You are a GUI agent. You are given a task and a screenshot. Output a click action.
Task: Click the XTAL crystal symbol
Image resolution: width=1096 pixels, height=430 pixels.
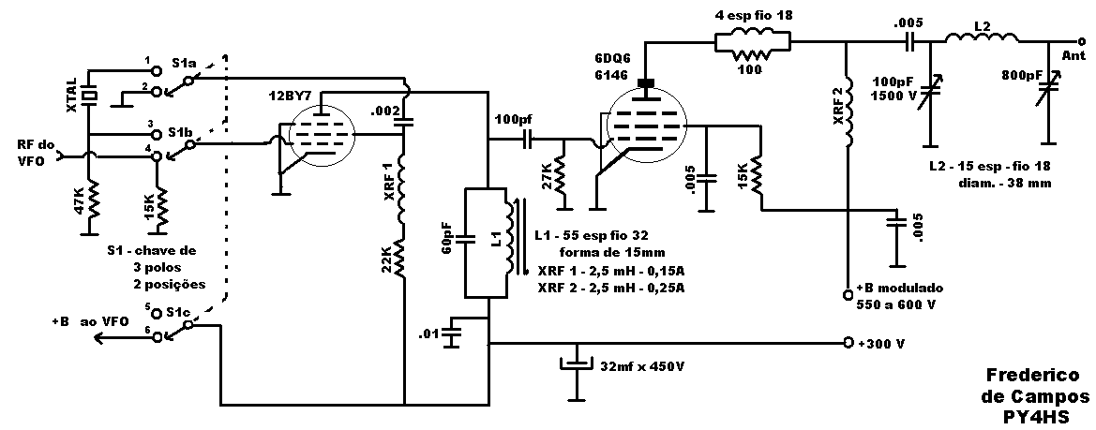point(89,95)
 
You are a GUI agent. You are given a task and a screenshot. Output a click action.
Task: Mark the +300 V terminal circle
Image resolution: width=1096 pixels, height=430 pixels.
point(848,343)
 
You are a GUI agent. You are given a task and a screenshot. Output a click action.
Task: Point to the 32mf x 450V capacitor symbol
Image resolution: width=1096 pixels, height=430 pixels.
point(577,364)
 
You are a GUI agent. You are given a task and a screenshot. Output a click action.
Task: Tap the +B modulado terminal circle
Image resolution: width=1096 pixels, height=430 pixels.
point(848,292)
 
